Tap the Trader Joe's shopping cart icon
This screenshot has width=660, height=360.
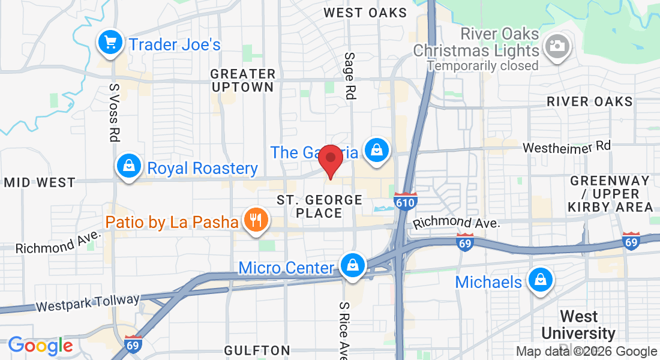(110, 43)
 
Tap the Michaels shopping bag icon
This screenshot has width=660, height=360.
(540, 280)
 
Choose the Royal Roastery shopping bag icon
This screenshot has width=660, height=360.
(129, 167)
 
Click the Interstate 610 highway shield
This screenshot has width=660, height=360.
(406, 202)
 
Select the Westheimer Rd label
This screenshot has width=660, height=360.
(566, 146)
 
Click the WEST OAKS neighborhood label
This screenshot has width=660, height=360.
(365, 13)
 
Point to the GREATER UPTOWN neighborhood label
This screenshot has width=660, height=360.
(242, 80)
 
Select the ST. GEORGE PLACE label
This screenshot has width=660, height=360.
(319, 206)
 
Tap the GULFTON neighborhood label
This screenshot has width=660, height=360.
(257, 350)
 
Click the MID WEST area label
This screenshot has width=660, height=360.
(40, 182)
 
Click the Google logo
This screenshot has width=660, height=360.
(40, 346)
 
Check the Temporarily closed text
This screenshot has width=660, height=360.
(482, 65)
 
